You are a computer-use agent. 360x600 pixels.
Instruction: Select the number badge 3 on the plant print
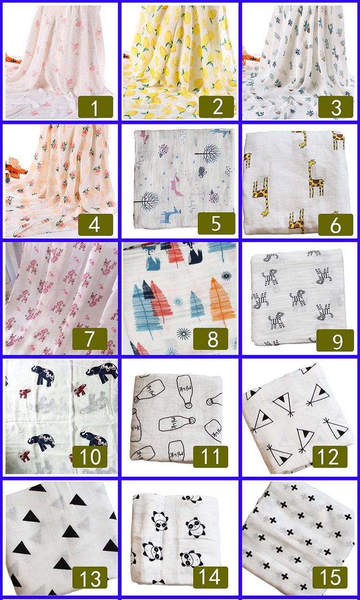coord(336,107)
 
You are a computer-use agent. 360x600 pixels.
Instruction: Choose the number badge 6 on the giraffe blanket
coord(336,224)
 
